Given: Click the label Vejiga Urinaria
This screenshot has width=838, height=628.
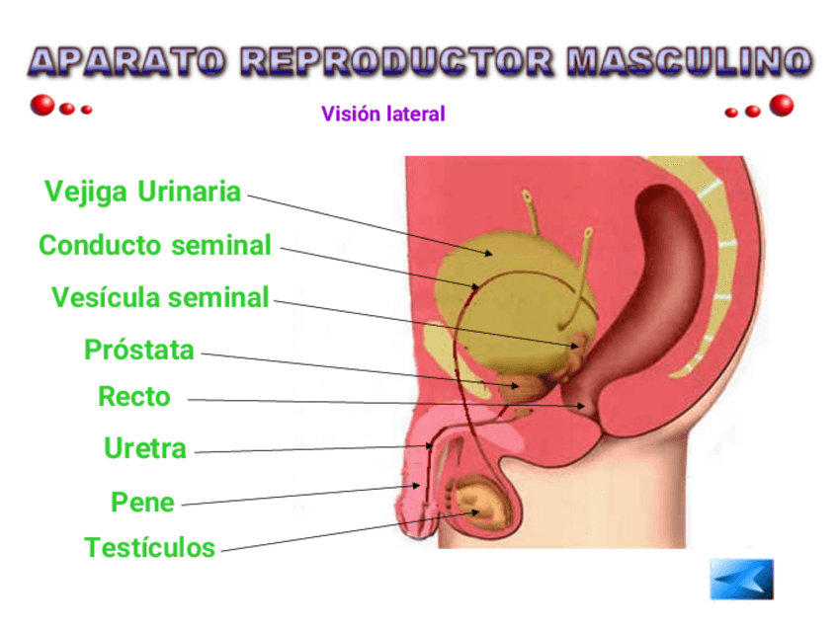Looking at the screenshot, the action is coord(142,192).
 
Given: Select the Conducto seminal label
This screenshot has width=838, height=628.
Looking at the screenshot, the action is coord(154,245).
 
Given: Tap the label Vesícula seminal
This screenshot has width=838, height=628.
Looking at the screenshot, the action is coord(160,297).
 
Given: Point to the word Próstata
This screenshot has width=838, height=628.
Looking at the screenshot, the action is coord(139,350).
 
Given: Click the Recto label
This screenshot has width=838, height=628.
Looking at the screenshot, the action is coord(134,398).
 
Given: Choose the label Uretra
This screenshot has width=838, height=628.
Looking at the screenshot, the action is coord(145,449).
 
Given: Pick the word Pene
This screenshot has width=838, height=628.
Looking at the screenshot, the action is coord(142,503).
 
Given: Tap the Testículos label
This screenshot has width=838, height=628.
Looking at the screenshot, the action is coord(149,548).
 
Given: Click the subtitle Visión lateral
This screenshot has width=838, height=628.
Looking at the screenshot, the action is coord(383,115).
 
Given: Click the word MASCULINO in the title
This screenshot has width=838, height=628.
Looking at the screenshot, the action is coord(690,62).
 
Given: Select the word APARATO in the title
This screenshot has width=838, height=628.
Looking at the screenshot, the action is coord(127,62).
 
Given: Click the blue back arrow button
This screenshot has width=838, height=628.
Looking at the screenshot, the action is coord(741,579).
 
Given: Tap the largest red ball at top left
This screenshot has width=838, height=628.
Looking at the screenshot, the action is coord(42,105).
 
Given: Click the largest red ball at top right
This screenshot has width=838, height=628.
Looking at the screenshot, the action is coord(782,105).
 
